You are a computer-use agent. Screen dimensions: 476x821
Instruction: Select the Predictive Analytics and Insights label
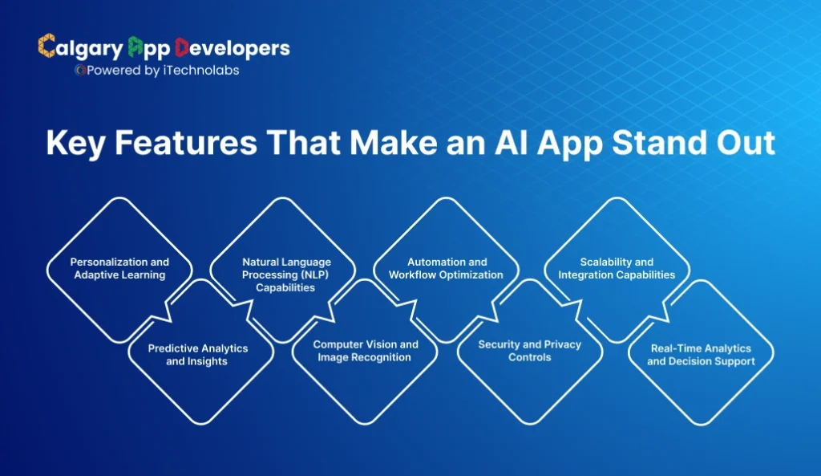[x=197, y=355]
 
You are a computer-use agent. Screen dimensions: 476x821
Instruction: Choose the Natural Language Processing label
[x=286, y=275]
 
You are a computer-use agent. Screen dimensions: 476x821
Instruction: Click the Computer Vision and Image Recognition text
[x=365, y=351]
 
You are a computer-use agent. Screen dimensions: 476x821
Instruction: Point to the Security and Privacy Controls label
[x=529, y=351]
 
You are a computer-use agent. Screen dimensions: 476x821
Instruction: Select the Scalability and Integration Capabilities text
[x=616, y=268]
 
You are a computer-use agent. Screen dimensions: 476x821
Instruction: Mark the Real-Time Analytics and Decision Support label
[x=701, y=355]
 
